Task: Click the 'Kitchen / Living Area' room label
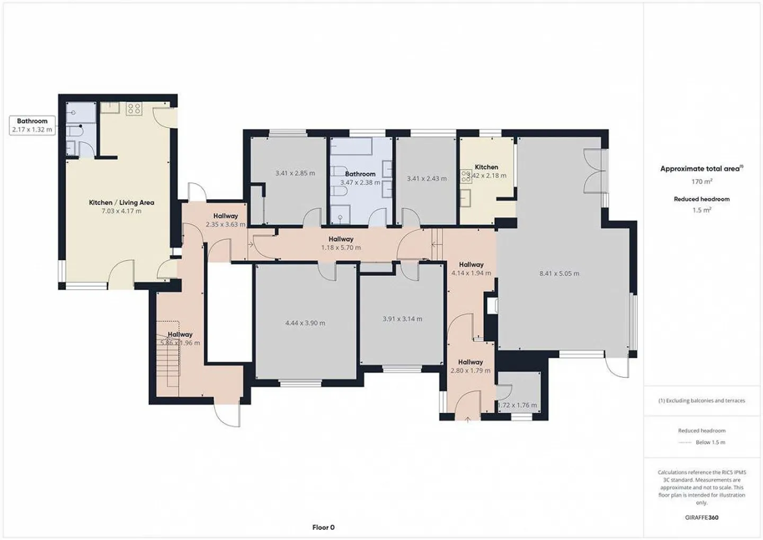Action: (x=121, y=202)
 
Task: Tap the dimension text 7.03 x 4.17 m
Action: (x=122, y=211)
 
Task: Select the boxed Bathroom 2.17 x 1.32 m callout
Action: (x=32, y=125)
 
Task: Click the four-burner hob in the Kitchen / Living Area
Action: (x=134, y=109)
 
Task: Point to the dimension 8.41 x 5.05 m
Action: (x=559, y=273)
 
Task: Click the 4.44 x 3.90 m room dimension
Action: (x=305, y=323)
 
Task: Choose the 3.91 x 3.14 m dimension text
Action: (x=402, y=319)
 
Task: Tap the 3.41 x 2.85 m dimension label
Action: (x=295, y=173)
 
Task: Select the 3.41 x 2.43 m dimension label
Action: (x=427, y=179)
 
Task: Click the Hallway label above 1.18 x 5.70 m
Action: (x=341, y=239)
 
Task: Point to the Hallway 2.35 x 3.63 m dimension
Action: (x=226, y=224)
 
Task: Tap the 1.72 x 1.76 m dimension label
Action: (x=517, y=405)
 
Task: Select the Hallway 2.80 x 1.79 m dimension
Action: (x=471, y=370)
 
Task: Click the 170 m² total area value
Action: (x=702, y=181)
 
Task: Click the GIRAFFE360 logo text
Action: (x=702, y=517)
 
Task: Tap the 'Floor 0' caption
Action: (x=323, y=527)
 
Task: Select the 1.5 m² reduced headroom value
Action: (x=702, y=210)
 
